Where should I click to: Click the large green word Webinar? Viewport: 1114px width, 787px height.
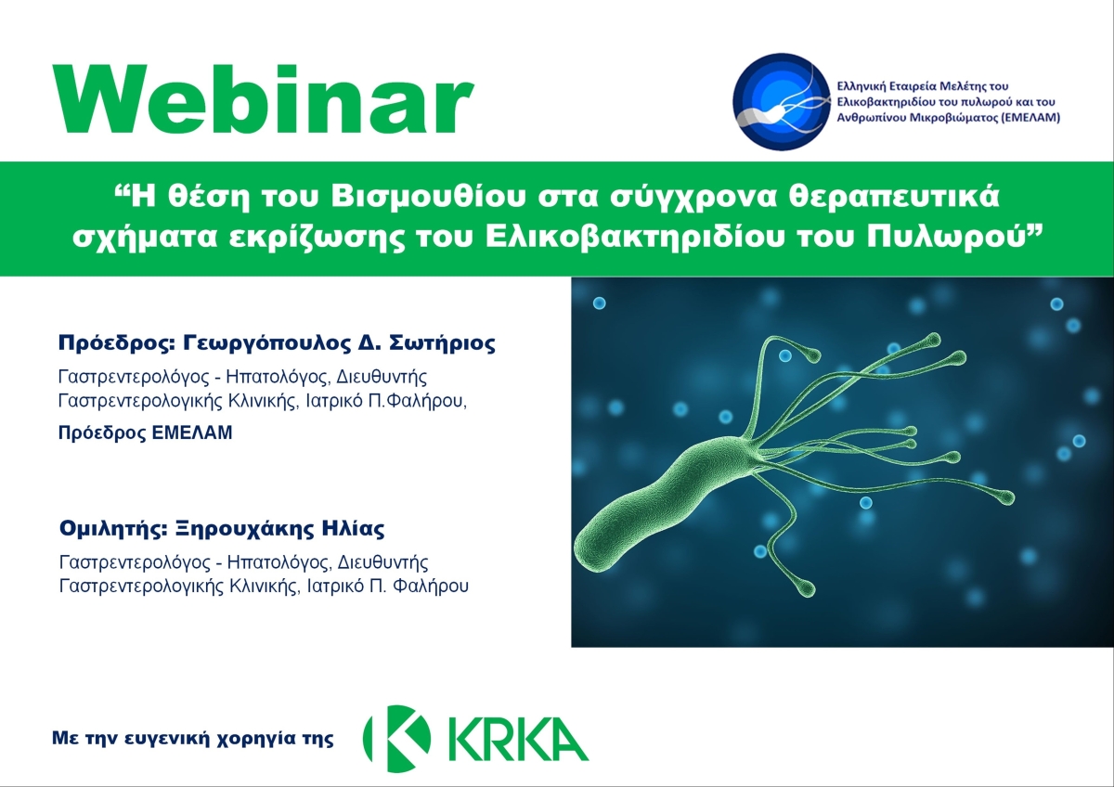click(x=263, y=99)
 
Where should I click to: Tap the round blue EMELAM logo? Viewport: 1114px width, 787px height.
click(x=782, y=101)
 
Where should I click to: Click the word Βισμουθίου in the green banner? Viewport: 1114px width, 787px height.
click(x=428, y=197)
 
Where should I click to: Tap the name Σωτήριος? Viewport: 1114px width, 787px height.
click(x=442, y=342)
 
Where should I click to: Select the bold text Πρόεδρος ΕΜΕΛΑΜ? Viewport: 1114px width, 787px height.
click(x=145, y=432)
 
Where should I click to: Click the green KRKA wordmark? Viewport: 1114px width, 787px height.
click(x=519, y=739)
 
